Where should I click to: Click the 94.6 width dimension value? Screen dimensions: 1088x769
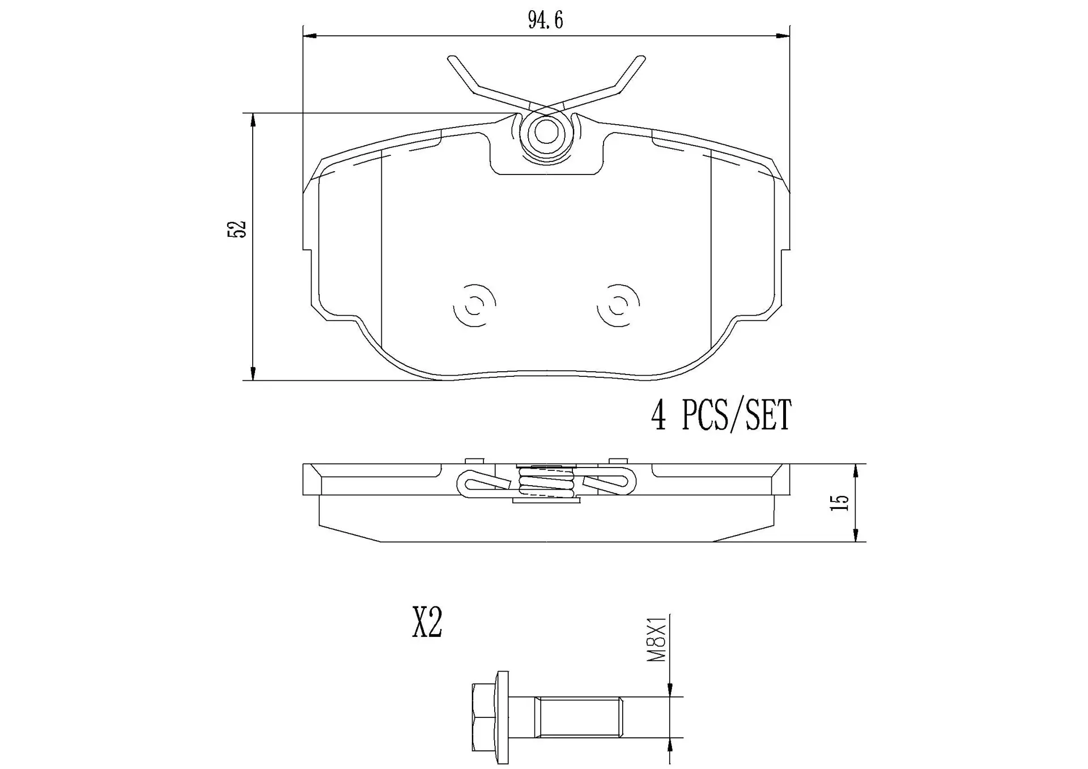(545, 20)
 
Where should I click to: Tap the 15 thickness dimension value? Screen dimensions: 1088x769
(839, 503)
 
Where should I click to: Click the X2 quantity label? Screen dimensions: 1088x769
(427, 622)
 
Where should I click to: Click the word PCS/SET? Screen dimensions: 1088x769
(736, 415)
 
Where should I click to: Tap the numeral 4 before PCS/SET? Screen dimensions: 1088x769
(658, 415)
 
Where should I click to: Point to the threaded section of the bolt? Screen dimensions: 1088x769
(579, 717)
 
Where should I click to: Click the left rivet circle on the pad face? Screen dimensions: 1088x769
(474, 305)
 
